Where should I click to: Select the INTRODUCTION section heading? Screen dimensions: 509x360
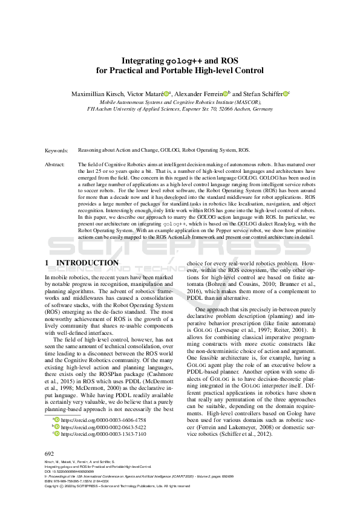coord(87,263)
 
